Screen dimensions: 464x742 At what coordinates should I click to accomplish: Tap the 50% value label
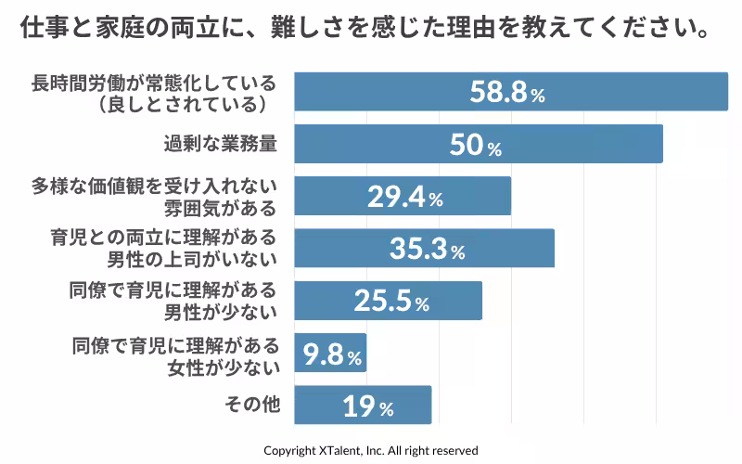[475, 145]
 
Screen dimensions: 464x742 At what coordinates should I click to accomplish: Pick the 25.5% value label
[390, 301]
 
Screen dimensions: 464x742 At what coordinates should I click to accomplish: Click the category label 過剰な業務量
[221, 145]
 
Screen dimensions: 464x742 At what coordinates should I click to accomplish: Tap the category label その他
[253, 405]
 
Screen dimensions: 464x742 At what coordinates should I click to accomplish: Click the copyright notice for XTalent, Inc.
[371, 450]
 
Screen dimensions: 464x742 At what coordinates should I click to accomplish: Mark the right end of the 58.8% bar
[727, 92]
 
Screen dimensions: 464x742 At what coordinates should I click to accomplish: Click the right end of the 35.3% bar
[554, 249]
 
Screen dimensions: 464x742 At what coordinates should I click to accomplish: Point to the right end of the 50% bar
[662, 145]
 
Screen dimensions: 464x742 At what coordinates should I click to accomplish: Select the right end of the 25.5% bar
[481, 301]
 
